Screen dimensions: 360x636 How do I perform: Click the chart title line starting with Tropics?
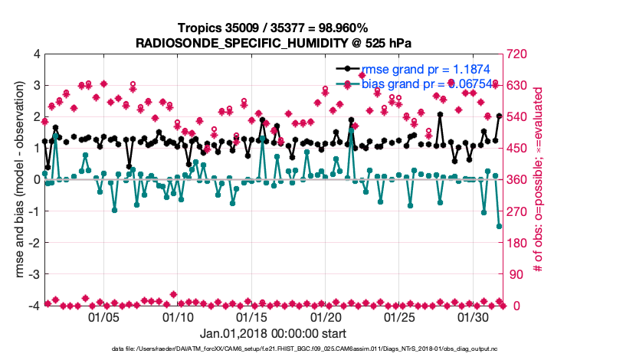(273, 28)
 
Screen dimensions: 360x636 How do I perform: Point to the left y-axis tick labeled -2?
(34, 243)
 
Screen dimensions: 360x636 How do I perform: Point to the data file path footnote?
(273, 349)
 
